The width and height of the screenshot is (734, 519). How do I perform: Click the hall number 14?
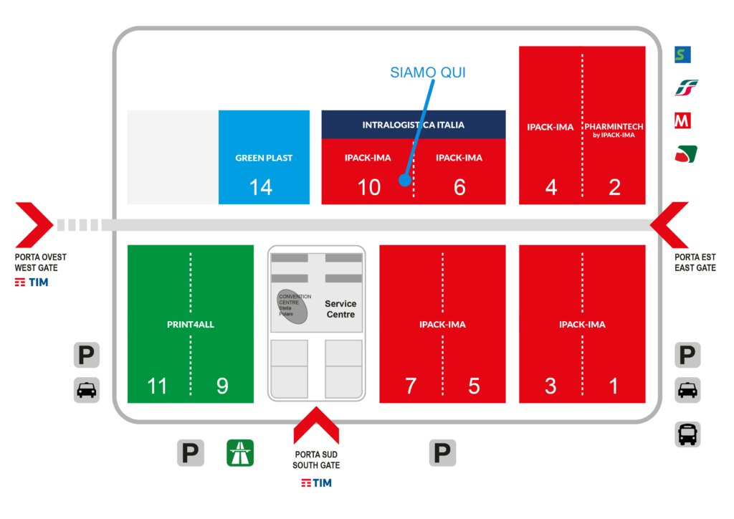click(261, 187)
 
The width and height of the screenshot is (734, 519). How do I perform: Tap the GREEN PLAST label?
click(264, 158)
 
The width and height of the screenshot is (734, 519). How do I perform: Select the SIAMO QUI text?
click(428, 72)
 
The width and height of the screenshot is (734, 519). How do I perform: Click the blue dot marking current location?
click(405, 180)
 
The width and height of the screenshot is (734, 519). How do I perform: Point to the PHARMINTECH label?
click(614, 126)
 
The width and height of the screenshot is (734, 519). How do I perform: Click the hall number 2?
click(614, 187)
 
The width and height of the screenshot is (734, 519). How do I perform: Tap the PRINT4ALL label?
click(191, 324)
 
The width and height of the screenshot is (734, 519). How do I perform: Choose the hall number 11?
click(157, 386)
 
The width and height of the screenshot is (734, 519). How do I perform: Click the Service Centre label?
click(340, 309)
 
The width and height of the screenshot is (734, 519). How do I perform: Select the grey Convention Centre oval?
click(292, 307)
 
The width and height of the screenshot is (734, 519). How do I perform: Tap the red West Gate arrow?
click(34, 225)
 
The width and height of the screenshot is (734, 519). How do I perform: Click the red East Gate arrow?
click(669, 225)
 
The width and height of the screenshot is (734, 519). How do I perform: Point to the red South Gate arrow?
click(316, 425)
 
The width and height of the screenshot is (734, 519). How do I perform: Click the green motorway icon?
click(240, 453)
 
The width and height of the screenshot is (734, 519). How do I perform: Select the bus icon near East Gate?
click(687, 434)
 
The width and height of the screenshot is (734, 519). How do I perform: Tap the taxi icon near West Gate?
click(87, 390)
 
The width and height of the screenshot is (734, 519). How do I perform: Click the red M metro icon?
click(682, 120)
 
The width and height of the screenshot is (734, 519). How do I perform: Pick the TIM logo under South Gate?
click(316, 483)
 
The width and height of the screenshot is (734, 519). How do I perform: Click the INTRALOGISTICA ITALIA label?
click(414, 125)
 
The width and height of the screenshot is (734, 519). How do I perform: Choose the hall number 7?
click(411, 386)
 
